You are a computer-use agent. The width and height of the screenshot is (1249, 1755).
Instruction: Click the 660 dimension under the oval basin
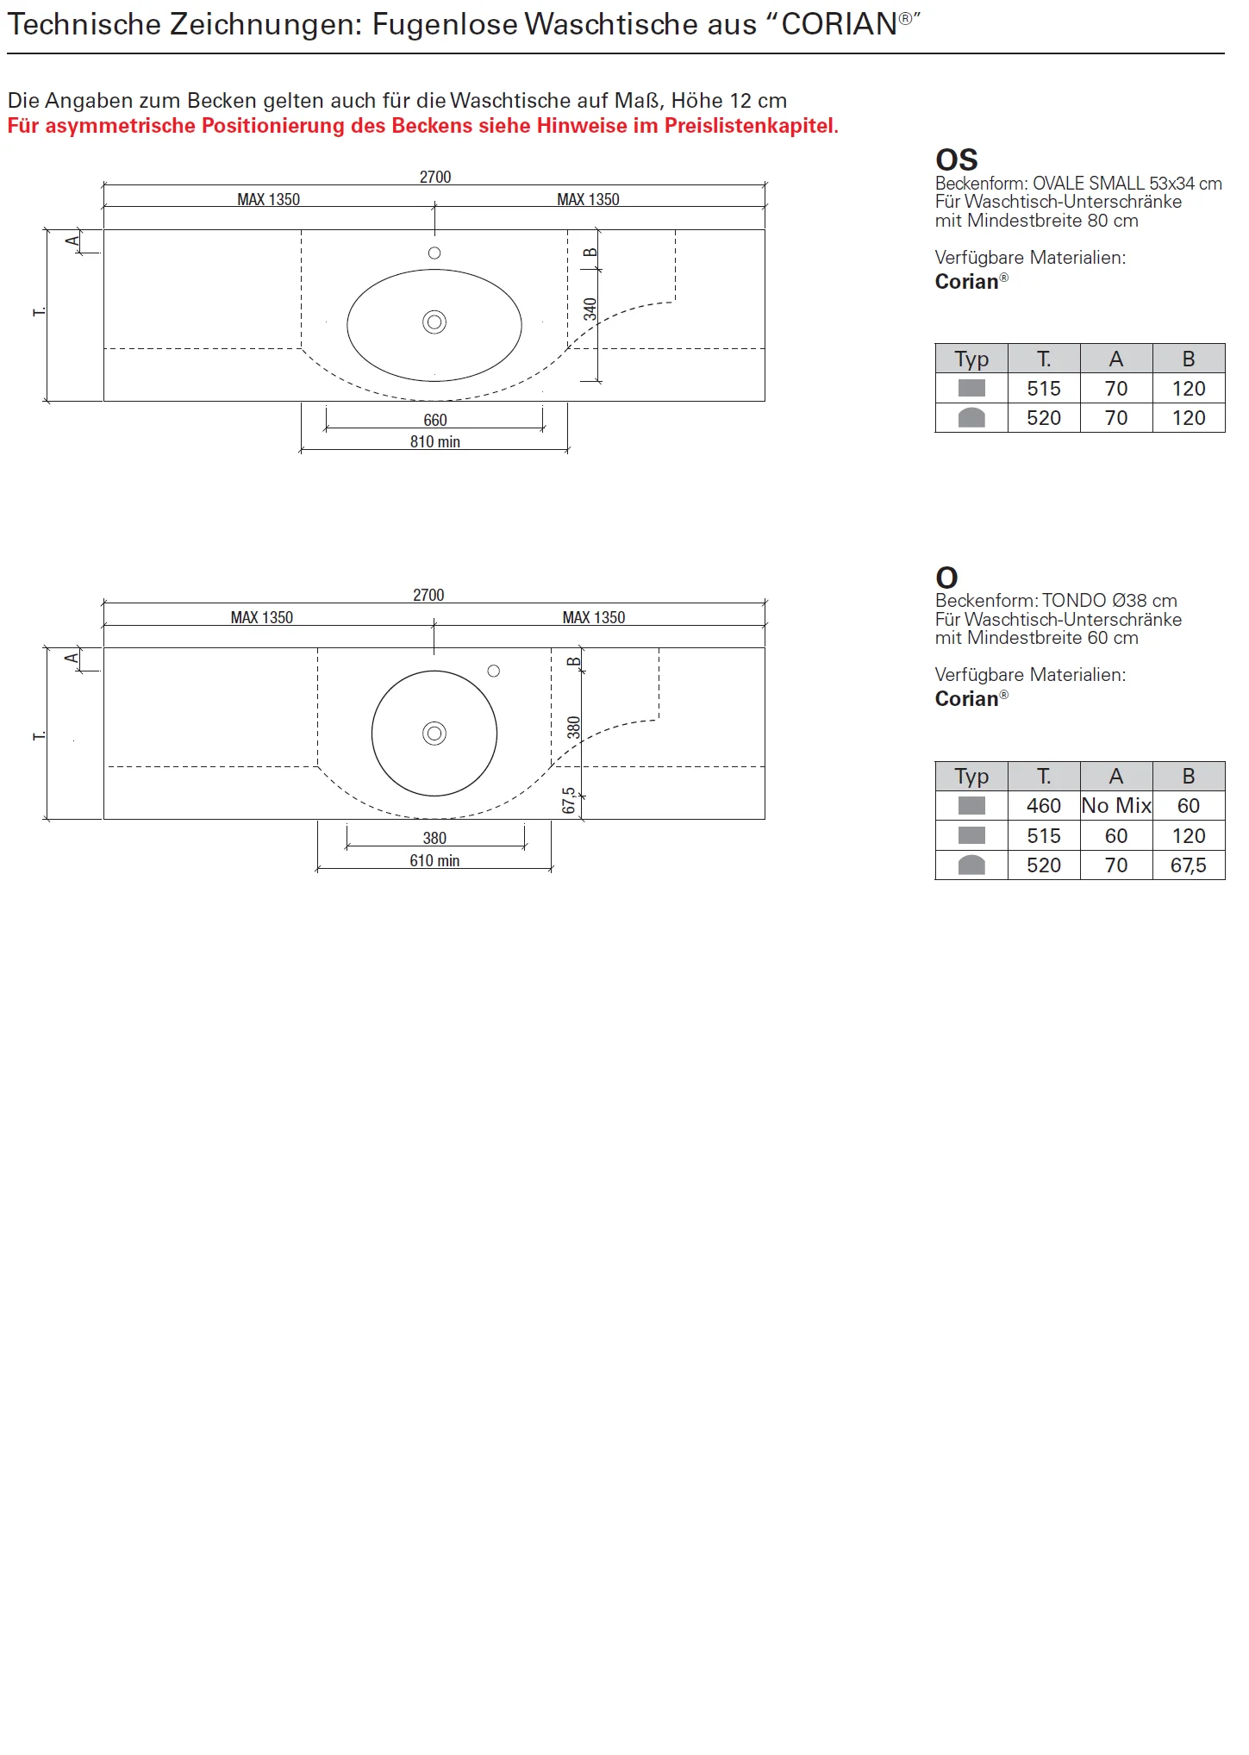[x=435, y=420]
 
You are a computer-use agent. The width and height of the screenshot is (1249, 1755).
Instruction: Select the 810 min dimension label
[x=435, y=441]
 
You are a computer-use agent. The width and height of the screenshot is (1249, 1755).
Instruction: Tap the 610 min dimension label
[x=434, y=860]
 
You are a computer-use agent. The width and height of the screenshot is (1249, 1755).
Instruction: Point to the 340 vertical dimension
[x=590, y=309]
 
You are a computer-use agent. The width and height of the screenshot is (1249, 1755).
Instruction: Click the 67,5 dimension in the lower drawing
[x=569, y=801]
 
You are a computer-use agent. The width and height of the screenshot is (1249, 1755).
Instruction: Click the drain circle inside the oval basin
[x=434, y=322]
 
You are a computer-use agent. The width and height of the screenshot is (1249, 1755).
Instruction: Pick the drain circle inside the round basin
[x=434, y=734]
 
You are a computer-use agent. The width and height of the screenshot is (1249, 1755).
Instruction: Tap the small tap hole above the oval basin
[x=434, y=253]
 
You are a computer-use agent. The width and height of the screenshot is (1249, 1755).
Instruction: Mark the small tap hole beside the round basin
[x=494, y=671]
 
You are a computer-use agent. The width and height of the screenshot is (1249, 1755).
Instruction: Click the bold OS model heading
[x=957, y=160]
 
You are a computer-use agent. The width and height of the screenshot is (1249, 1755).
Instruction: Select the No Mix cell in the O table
[x=1116, y=806]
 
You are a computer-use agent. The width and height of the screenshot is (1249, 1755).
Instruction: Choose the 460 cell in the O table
[x=1044, y=806]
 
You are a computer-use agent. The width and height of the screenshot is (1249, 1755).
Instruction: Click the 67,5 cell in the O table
[x=1189, y=865]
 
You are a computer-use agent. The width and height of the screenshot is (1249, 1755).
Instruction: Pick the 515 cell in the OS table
[x=1044, y=389]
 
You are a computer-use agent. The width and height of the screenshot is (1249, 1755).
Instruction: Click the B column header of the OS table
[x=1189, y=359]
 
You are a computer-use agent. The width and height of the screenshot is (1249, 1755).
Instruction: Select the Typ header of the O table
[x=971, y=777]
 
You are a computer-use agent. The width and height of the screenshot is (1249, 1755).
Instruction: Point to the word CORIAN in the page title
[x=840, y=24]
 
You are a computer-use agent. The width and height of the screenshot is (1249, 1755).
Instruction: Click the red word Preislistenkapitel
[x=749, y=126]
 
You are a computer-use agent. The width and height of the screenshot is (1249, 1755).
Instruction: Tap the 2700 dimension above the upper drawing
[x=435, y=177]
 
